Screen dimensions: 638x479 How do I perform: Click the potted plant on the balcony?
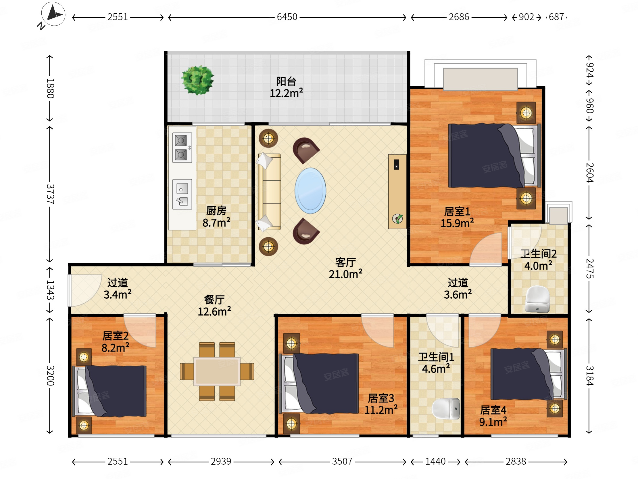pyautogui.click(x=197, y=80)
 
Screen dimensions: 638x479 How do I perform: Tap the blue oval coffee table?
pyautogui.click(x=310, y=190)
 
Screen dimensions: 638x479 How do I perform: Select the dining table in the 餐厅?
pyautogui.click(x=217, y=371)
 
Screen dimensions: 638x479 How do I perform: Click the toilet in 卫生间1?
pyautogui.click(x=446, y=409)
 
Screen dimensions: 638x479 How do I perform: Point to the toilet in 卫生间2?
pyautogui.click(x=537, y=299)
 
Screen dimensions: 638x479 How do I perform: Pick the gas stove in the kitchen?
pyautogui.click(x=182, y=148)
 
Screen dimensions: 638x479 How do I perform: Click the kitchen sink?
pyautogui.click(x=182, y=194)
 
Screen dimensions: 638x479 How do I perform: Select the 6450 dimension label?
pyautogui.click(x=287, y=17)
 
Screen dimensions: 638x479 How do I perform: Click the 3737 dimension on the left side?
pyautogui.click(x=50, y=194)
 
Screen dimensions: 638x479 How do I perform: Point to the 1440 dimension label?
pyautogui.click(x=435, y=461)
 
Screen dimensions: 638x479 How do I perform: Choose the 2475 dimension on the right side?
pyautogui.click(x=589, y=268)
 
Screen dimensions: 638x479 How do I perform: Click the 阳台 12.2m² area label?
pyautogui.click(x=286, y=87)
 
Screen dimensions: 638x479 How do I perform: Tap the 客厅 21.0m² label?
pyautogui.click(x=345, y=268)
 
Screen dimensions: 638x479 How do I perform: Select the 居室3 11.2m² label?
pyautogui.click(x=381, y=404)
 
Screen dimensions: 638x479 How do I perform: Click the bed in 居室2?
pyautogui.click(x=109, y=391)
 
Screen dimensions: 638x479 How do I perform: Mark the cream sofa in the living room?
pyautogui.click(x=269, y=192)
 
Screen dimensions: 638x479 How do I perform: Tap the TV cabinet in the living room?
pyautogui.click(x=397, y=191)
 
